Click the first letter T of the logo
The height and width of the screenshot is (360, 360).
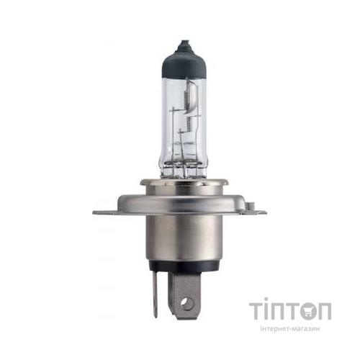click(x=258, y=312)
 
